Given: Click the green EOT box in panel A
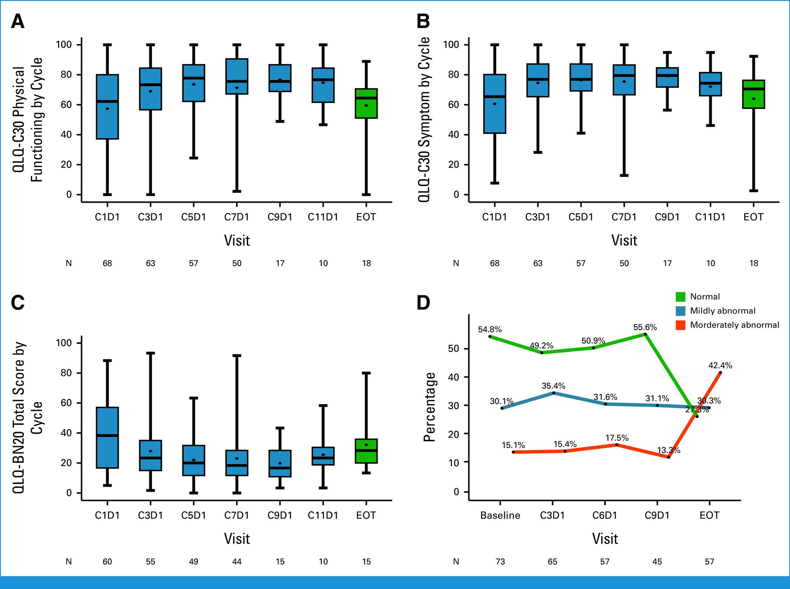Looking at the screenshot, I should tap(366, 103).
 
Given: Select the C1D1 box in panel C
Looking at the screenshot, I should tap(107, 438).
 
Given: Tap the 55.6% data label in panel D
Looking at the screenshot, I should tap(645, 327).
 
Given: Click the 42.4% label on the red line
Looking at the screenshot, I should tap(720, 365).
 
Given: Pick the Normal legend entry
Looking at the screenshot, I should tap(705, 297).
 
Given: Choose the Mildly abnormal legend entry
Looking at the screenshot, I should tap(722, 311).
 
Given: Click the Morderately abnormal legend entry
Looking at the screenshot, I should tap(734, 325).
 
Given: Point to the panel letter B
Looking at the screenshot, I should tap(423, 22).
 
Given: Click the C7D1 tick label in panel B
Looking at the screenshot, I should tap(624, 217).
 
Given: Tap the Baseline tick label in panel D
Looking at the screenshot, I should tap(500, 516).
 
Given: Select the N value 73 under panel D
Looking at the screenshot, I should tap(500, 562).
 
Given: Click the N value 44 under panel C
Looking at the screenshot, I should tap(237, 562).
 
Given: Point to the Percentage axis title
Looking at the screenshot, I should tap(430, 407).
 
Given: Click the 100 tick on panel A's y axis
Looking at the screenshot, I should tap(64, 45).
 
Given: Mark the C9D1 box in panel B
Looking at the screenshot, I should tap(667, 77).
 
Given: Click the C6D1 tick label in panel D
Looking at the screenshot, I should tap(604, 516).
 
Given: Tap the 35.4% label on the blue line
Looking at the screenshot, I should tap(553, 386).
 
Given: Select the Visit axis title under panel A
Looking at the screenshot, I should tap(237, 241).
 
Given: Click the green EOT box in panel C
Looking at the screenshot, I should tap(366, 451).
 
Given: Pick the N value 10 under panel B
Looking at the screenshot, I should tap(711, 263).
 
